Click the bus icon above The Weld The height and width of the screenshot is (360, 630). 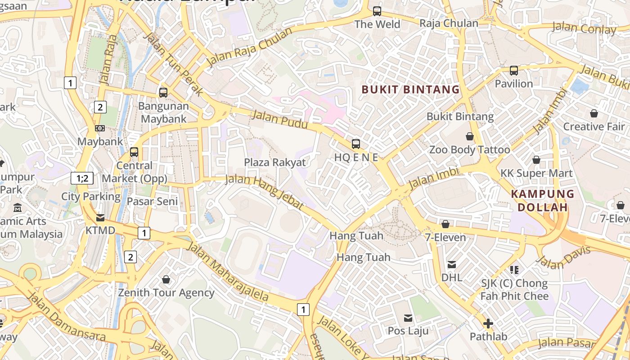[377, 11]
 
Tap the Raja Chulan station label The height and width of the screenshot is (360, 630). [449, 23]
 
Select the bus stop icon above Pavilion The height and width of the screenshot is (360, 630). [513, 71]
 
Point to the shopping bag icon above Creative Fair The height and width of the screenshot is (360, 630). [594, 113]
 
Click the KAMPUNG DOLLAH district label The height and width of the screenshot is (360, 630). [543, 201]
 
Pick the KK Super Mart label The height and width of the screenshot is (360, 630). [536, 173]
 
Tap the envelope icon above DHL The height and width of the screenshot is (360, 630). [451, 265]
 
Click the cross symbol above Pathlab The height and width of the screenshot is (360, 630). [488, 324]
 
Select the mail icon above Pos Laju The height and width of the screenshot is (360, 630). [408, 318]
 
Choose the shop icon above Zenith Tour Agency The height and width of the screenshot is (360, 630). [166, 280]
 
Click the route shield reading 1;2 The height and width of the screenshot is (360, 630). [82, 178]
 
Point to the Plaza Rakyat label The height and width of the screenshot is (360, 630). [274, 162]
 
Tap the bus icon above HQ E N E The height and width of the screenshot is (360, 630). [356, 144]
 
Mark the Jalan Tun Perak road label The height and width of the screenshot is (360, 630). [173, 63]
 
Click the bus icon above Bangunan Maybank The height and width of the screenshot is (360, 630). [163, 93]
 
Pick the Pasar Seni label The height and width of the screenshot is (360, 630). [152, 201]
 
